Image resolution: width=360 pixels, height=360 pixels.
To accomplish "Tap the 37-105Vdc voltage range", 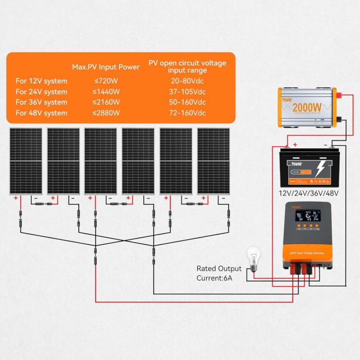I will point(187,92).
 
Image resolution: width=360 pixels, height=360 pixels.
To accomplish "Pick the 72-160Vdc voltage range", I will point(187,113).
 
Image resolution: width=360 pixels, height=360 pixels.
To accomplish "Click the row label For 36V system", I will point(41,102).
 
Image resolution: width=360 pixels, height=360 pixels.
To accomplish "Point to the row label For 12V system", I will point(41,81).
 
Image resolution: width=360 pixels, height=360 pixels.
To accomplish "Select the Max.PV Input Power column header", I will point(105,67).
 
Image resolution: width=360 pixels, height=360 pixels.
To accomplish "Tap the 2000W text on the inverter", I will point(308,107).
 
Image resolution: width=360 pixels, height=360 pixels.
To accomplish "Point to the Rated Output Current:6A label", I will point(219,273).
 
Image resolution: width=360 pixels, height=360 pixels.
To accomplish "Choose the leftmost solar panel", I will point(25,161).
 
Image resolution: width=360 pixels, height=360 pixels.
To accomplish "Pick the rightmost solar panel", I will point(213,161).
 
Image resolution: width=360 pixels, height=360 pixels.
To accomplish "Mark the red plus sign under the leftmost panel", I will point(15,198).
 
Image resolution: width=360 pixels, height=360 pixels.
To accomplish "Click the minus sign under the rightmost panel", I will point(223,198).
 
